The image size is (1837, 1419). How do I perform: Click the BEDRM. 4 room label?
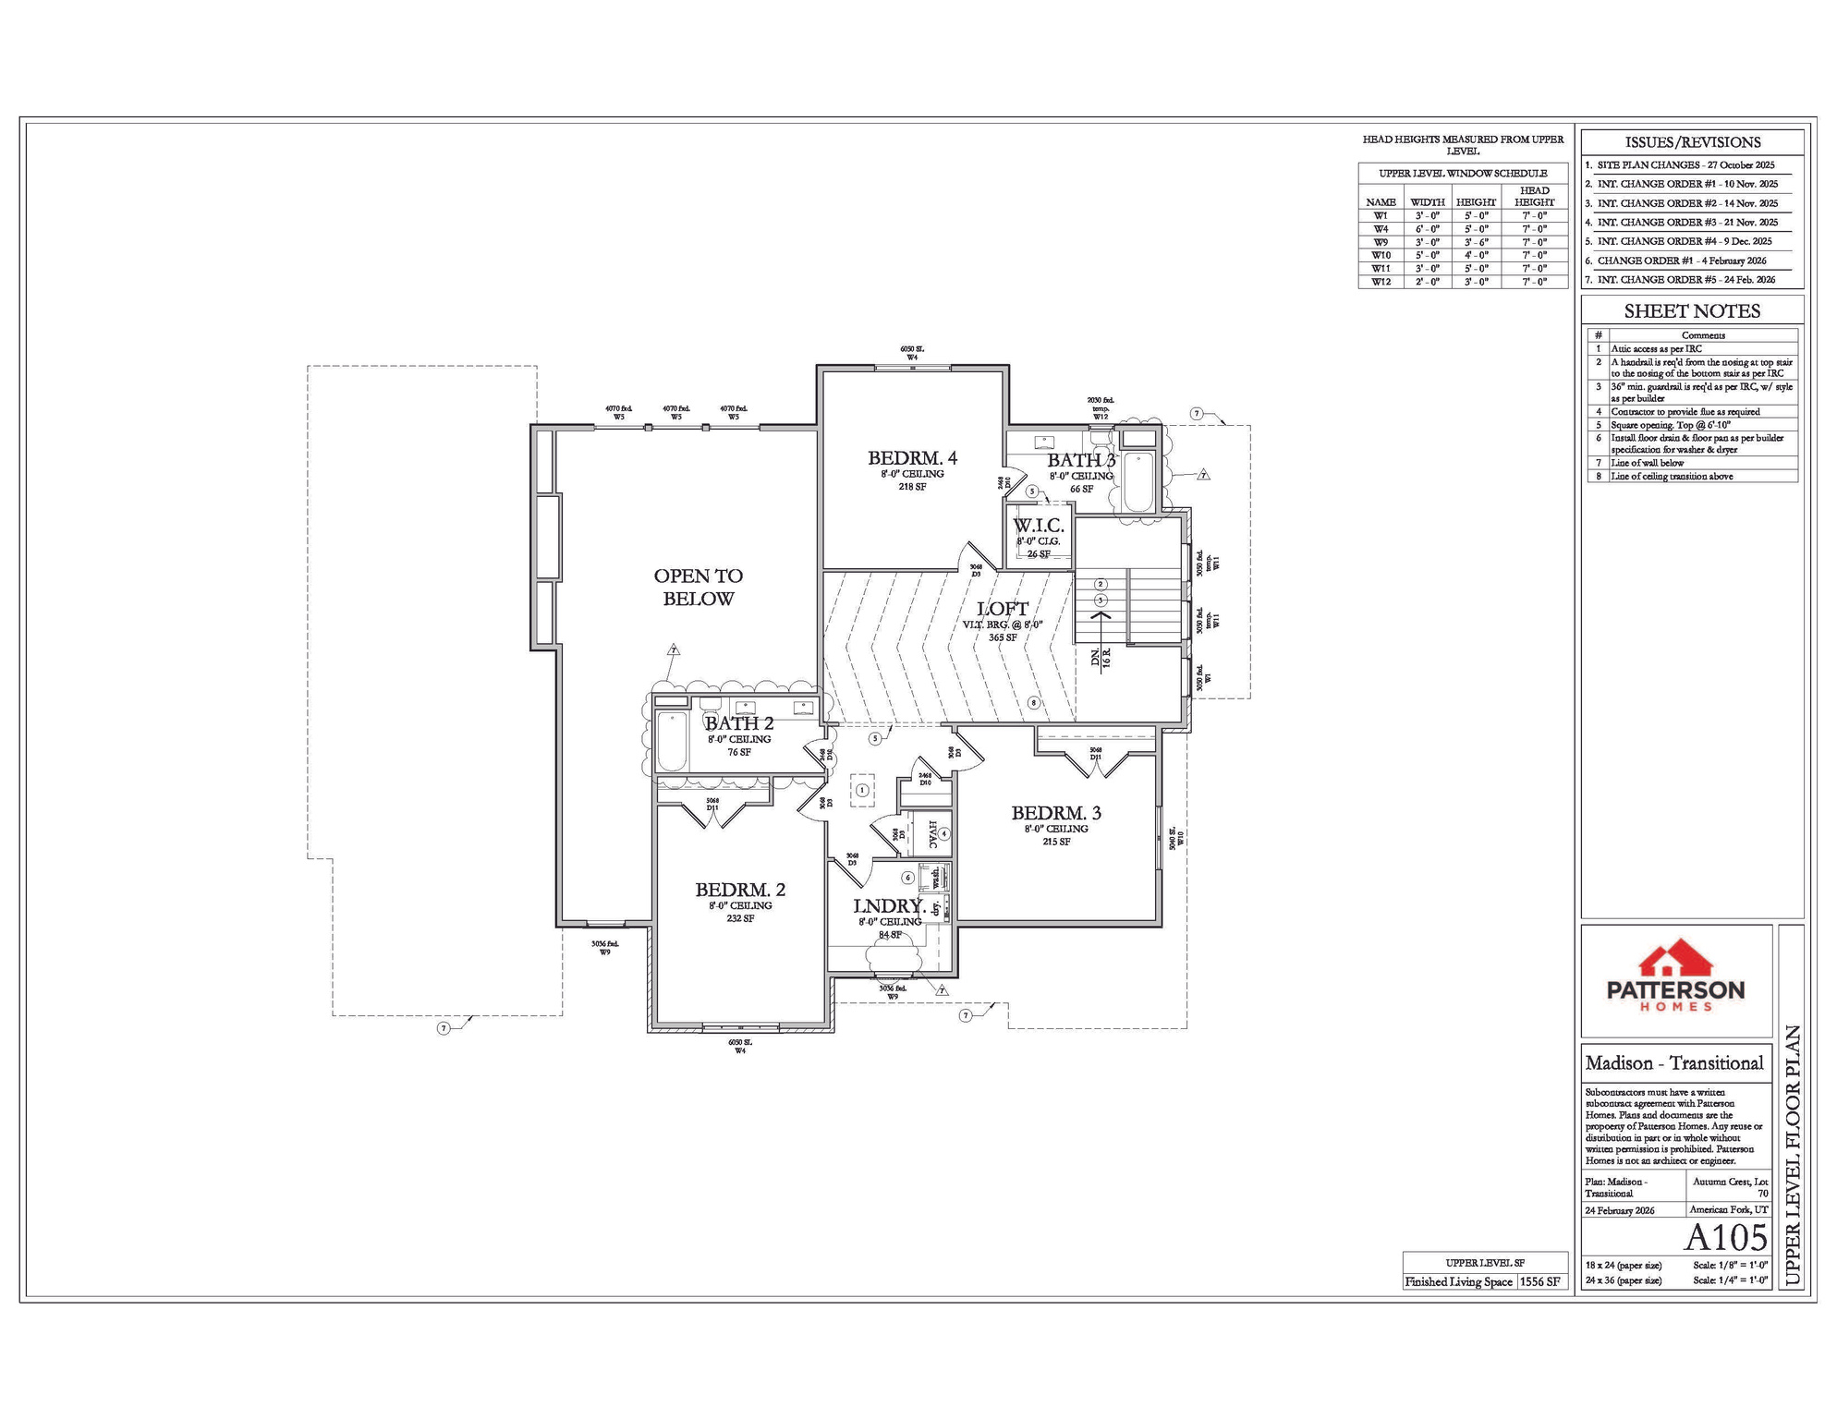(x=911, y=458)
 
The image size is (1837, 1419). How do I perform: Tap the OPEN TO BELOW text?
(x=698, y=587)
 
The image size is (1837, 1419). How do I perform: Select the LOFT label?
(x=1002, y=609)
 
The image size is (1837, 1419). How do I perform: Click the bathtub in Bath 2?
(x=672, y=741)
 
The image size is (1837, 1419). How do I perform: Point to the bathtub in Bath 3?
(x=1138, y=481)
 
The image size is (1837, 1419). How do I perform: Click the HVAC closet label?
(x=932, y=834)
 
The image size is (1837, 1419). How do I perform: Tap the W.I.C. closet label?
(x=1038, y=526)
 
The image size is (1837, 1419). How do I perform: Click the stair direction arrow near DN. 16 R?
(x=1101, y=617)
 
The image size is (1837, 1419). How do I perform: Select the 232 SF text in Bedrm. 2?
(x=739, y=918)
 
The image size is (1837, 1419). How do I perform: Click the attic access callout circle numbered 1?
(x=862, y=790)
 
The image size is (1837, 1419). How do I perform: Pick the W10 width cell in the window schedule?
(x=1427, y=255)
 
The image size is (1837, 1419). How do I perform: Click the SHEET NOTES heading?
(x=1691, y=311)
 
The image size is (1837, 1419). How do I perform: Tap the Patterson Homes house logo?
(x=1675, y=961)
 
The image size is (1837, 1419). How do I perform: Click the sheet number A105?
(x=1725, y=1238)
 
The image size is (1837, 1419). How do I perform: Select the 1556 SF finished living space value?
(x=1539, y=1281)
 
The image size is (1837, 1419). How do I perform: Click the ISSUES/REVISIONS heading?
(x=1692, y=142)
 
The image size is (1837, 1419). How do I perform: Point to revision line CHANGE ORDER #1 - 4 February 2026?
(x=1681, y=261)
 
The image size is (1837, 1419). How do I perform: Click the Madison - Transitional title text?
(x=1673, y=1063)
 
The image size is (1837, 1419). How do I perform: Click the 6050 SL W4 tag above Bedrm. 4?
(x=911, y=353)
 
